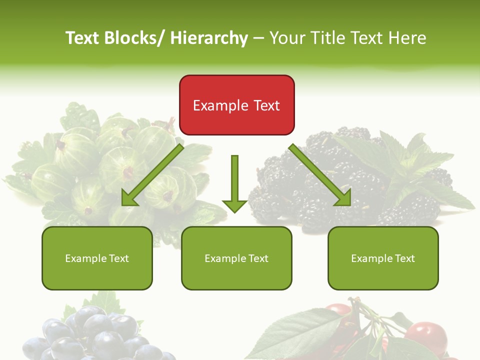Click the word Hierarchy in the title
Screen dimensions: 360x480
pyautogui.click(x=209, y=38)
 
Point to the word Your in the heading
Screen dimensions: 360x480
pyautogui.click(x=287, y=38)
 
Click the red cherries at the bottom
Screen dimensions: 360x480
pyautogui.click(x=425, y=332)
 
